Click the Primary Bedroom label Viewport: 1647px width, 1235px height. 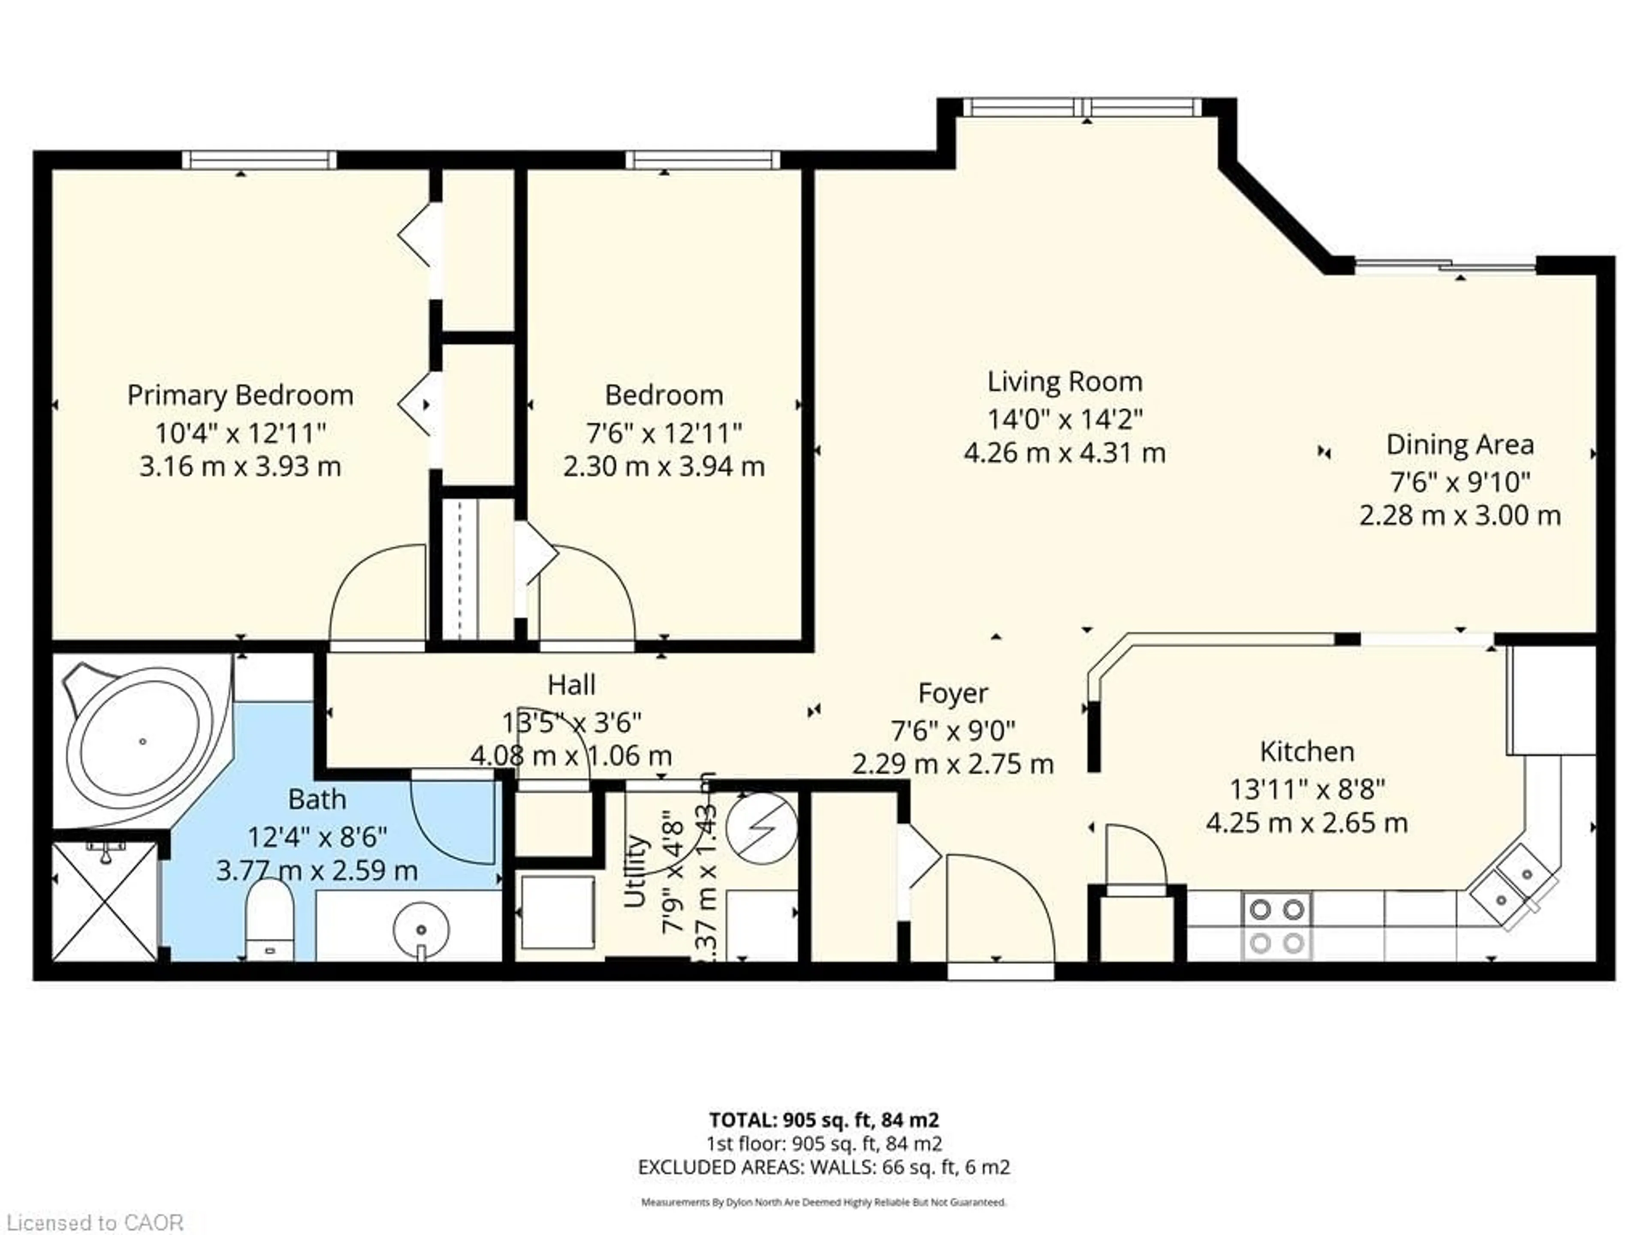coord(240,395)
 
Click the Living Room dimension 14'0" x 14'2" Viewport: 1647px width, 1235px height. coord(1064,419)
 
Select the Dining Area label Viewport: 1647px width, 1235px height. coord(1460,444)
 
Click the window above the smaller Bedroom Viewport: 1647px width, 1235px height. coord(702,160)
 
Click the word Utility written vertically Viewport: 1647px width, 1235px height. coord(634,871)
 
